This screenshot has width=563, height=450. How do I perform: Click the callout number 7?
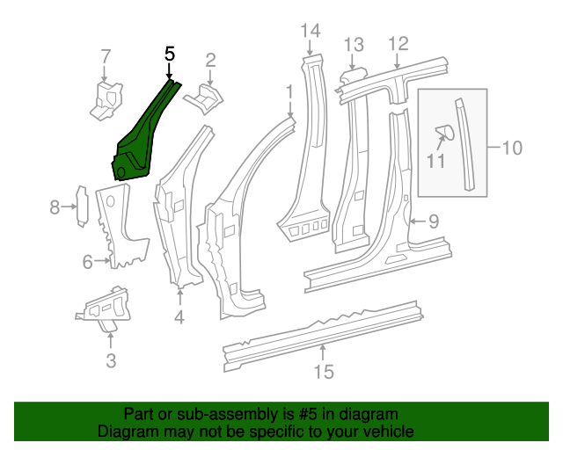[x=106, y=57]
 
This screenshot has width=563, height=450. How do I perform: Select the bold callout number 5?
[x=171, y=54]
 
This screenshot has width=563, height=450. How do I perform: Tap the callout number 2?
[x=210, y=60]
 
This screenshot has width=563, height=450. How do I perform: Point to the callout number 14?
[x=311, y=33]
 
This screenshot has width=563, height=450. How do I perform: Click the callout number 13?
[x=353, y=44]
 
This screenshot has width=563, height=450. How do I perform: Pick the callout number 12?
[x=398, y=42]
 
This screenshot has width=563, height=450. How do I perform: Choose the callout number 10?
[x=512, y=147]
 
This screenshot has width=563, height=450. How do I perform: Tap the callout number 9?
[x=433, y=222]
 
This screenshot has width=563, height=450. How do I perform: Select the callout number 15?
[x=324, y=372]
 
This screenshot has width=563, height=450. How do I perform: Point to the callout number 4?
[x=179, y=316]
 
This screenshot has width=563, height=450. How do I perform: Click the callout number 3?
[x=110, y=359]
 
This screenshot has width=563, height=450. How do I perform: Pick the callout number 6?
[x=88, y=261]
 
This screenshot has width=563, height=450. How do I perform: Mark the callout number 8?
[x=55, y=207]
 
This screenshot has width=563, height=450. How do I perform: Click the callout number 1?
[x=289, y=91]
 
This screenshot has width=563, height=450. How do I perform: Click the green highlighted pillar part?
[x=141, y=141]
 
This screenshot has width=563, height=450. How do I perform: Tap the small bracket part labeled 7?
[x=106, y=98]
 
